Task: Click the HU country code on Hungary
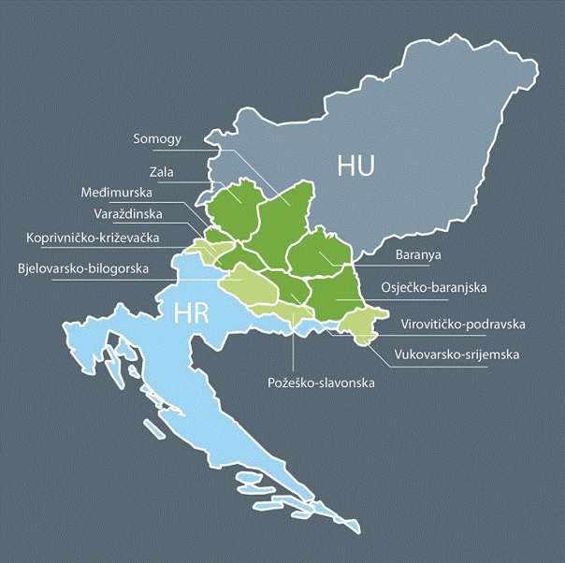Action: (x=355, y=166)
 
